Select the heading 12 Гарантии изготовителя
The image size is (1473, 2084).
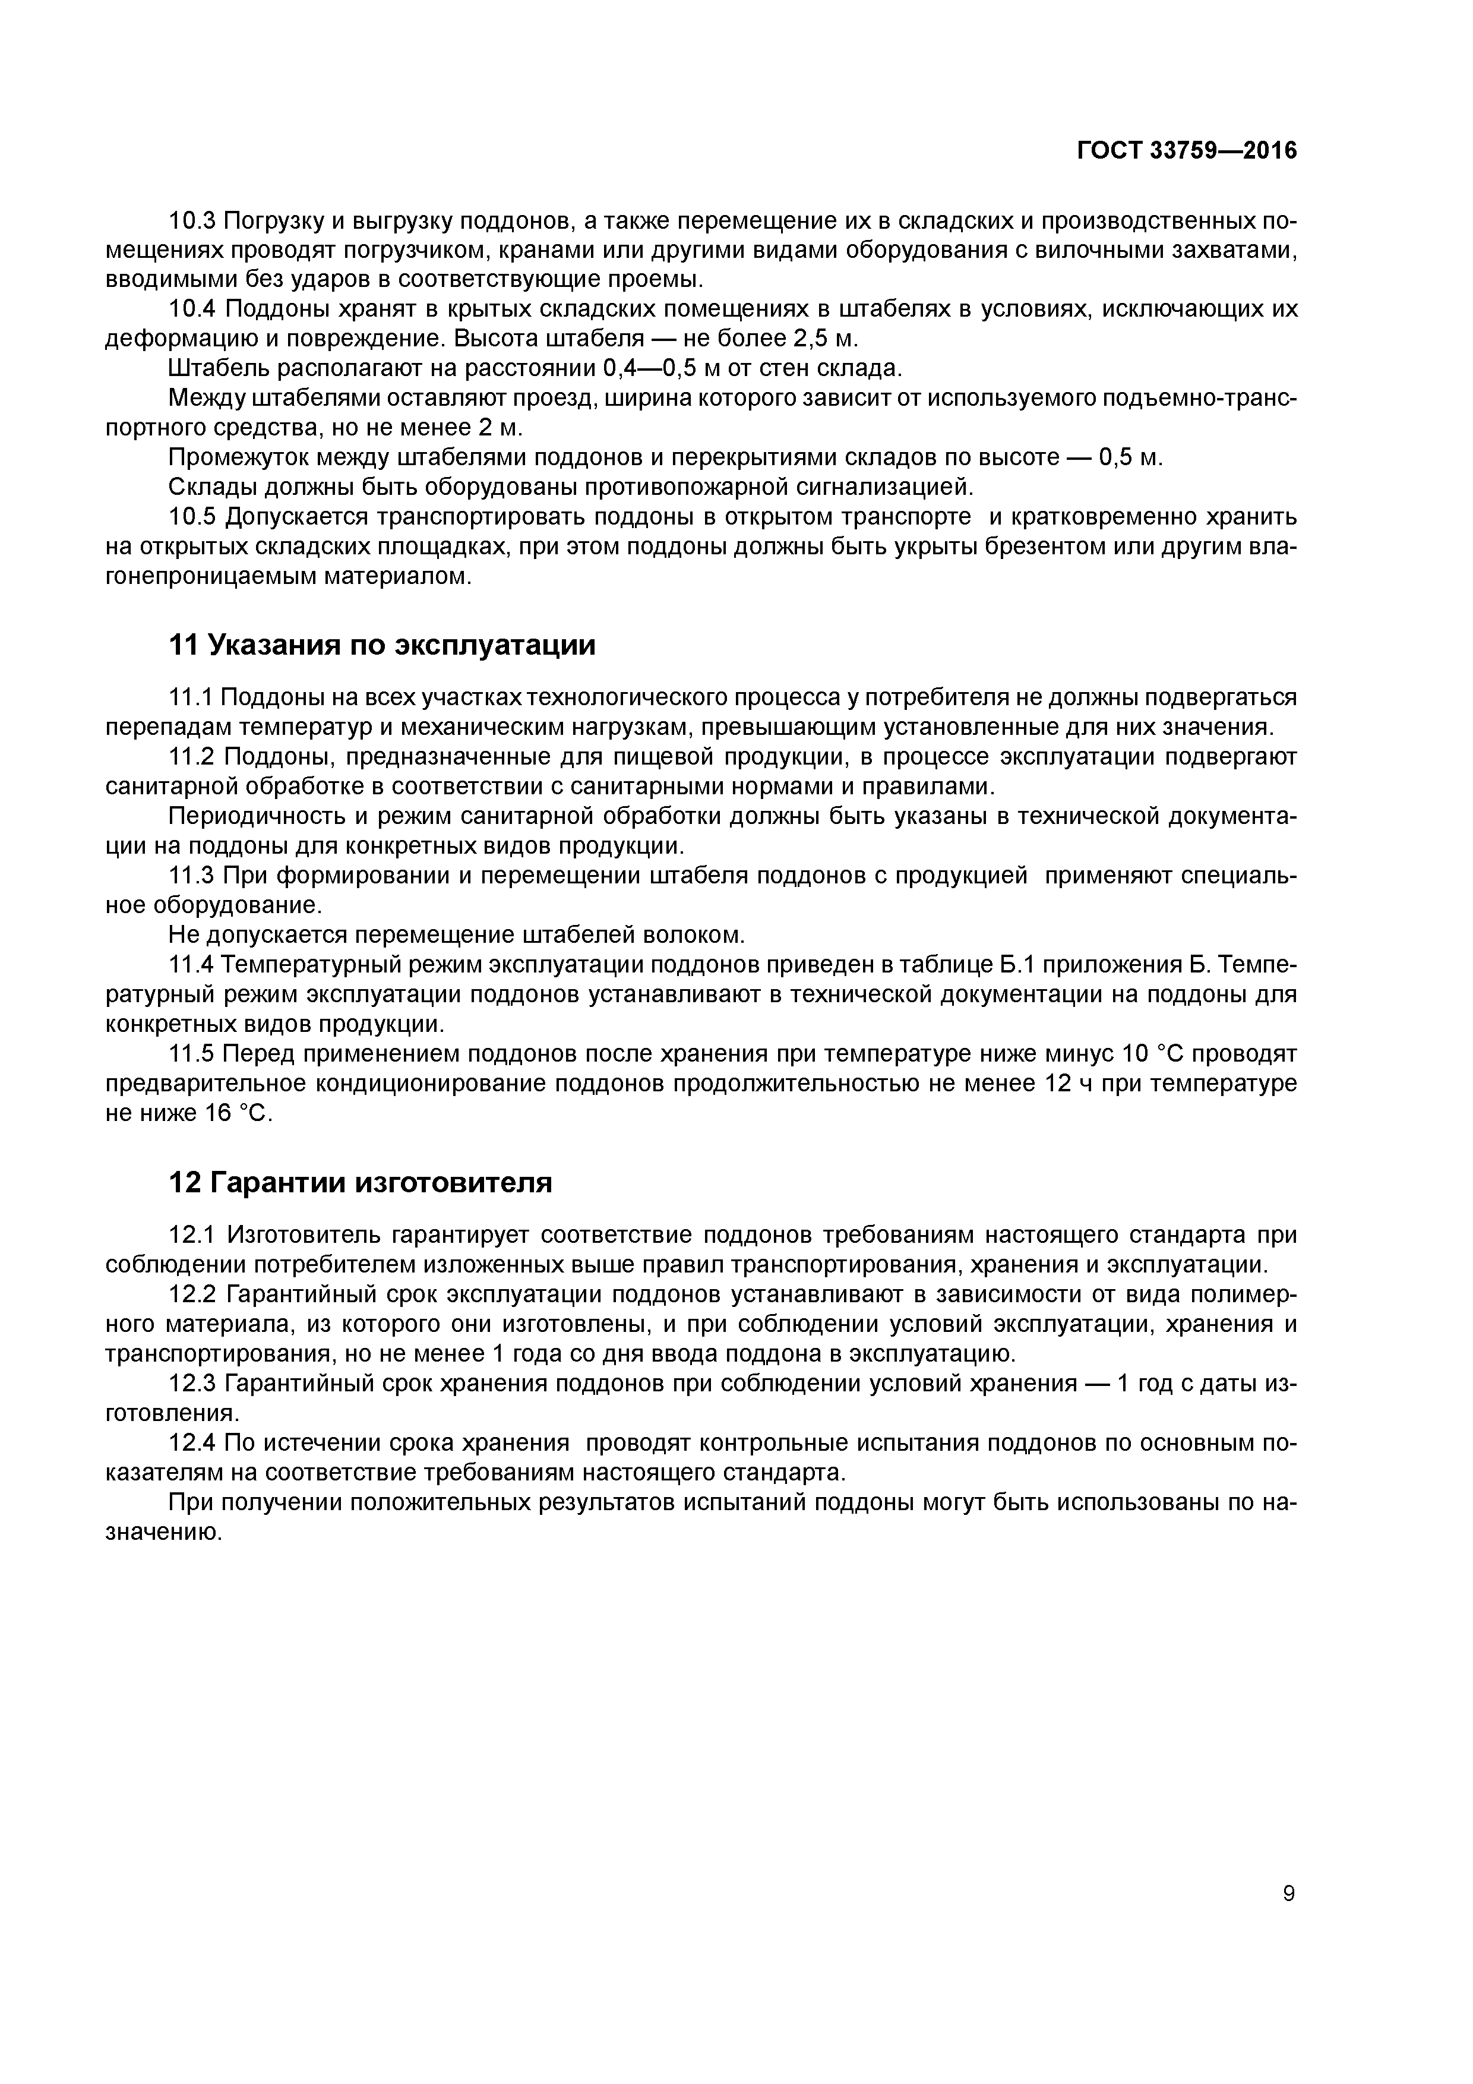click(x=361, y=1183)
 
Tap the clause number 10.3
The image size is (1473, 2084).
click(x=192, y=220)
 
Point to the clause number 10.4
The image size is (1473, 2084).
click(x=192, y=310)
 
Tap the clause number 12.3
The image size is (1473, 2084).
click(x=192, y=1383)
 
